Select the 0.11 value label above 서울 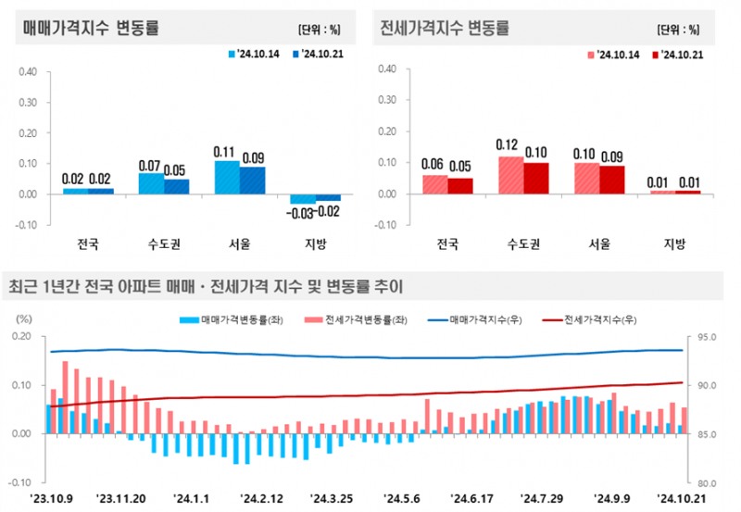click(227, 152)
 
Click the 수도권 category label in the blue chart click(164, 245)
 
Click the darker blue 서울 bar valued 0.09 click(252, 181)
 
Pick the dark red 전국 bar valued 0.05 click(459, 186)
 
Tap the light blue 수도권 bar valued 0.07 click(151, 183)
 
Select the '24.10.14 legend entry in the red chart click(614, 54)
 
